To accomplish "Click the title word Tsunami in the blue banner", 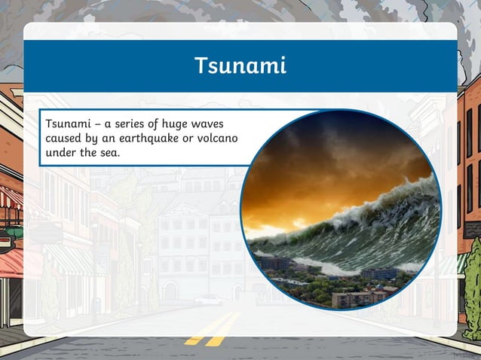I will pos(240,66).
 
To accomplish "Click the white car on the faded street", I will pos(209,300).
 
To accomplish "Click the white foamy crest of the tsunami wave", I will pos(392,200).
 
